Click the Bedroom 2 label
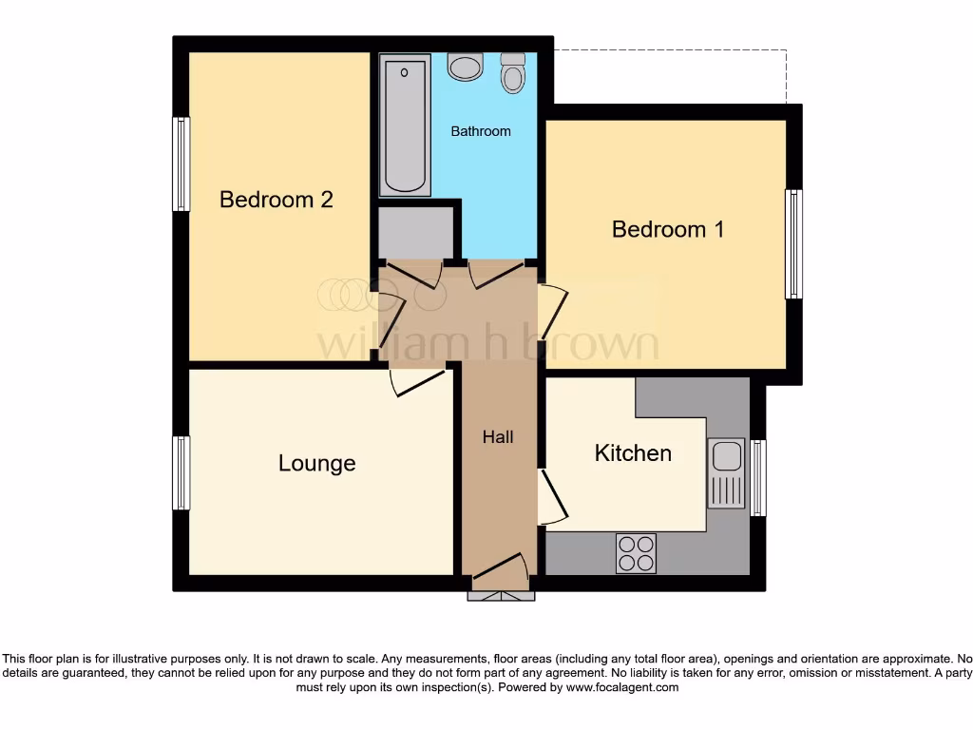click(276, 200)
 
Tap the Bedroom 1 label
click(668, 229)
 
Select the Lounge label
click(316, 463)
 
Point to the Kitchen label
click(633, 453)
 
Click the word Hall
click(498, 437)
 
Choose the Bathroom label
click(480, 131)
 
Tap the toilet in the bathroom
click(513, 72)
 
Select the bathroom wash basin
click(466, 67)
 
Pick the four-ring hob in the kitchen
click(636, 553)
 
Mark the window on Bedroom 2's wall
click(181, 163)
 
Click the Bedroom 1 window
click(792, 244)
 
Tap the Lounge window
click(181, 472)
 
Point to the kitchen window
click(757, 478)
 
